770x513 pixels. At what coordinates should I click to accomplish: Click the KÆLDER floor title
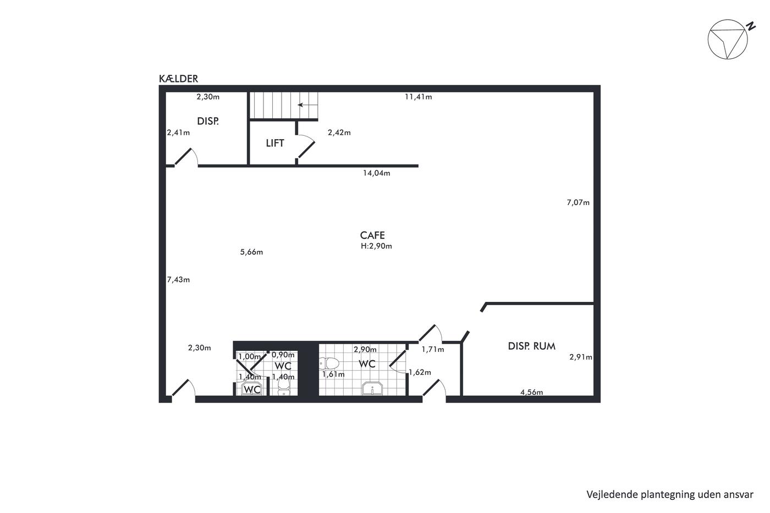click(x=178, y=79)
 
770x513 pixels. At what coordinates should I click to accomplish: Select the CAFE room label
click(x=372, y=235)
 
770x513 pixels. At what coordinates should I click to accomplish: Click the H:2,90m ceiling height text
click(x=376, y=246)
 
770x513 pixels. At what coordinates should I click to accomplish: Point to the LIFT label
click(x=275, y=143)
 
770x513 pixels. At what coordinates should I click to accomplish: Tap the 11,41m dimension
click(x=419, y=97)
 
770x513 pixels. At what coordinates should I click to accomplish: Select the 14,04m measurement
click(x=377, y=173)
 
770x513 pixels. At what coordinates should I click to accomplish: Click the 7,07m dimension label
click(x=578, y=202)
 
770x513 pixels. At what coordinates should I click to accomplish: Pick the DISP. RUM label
click(x=532, y=346)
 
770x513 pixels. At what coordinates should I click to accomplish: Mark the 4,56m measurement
click(x=532, y=392)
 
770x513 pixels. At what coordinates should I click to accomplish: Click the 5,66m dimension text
click(x=252, y=252)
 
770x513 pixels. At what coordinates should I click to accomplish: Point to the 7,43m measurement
click(x=178, y=280)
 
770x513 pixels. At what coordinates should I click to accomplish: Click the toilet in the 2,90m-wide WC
click(x=329, y=363)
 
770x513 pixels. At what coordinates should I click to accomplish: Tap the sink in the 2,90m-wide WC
click(x=372, y=388)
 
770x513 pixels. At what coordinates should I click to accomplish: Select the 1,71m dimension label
click(x=433, y=350)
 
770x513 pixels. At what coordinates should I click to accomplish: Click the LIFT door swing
click(x=307, y=146)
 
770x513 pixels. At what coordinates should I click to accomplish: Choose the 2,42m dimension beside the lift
click(x=339, y=133)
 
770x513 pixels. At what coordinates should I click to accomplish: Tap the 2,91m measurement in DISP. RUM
click(x=581, y=357)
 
